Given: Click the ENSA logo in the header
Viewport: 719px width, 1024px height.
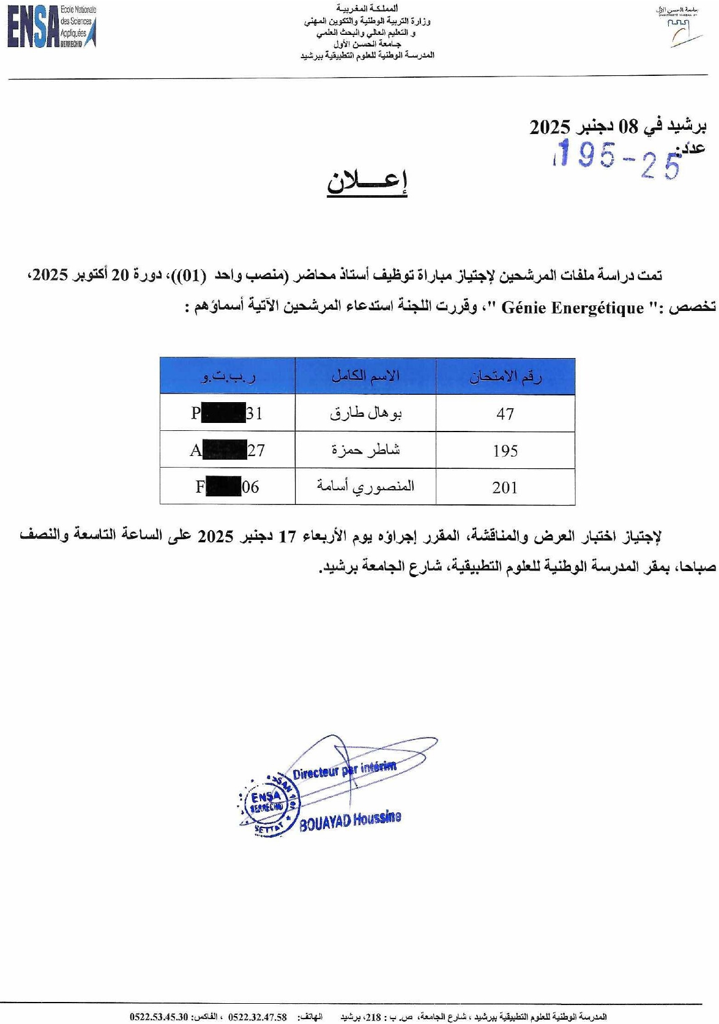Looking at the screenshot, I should [x=51, y=27].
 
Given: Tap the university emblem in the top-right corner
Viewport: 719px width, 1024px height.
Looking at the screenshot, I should [x=678, y=28].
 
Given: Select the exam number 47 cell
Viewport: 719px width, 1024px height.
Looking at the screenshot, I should [x=505, y=414].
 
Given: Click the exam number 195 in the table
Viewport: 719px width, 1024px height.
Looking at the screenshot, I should [x=505, y=451].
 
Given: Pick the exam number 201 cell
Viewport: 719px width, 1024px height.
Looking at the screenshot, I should [x=505, y=488].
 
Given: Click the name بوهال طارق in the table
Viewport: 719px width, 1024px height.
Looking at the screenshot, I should [x=366, y=414].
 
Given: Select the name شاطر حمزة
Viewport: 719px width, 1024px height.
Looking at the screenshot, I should [x=366, y=450].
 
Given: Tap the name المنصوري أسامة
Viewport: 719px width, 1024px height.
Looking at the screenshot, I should [x=366, y=487].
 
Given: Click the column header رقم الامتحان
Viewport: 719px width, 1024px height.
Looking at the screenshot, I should [x=505, y=376].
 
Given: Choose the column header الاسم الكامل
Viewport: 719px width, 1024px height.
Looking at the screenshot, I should [x=365, y=376].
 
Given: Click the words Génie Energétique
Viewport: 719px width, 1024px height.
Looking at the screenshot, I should [x=572, y=308].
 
